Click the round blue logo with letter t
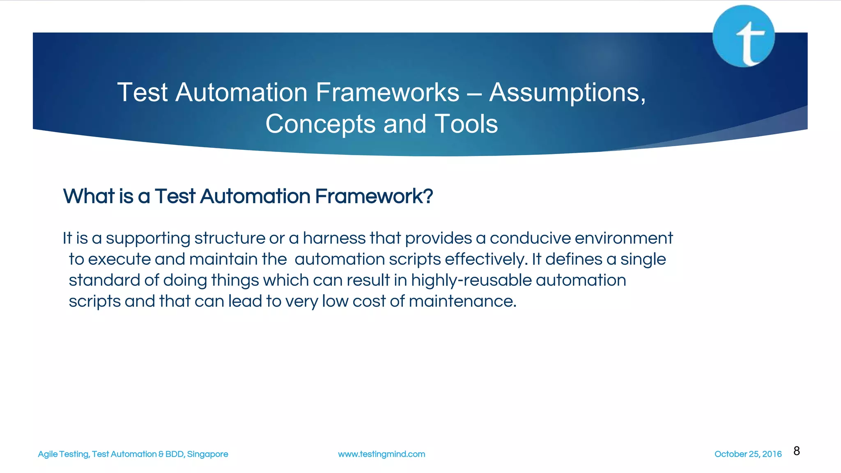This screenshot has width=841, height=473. point(744,36)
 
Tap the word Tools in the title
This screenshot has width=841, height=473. point(466,124)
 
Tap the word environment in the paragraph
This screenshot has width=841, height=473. point(623,238)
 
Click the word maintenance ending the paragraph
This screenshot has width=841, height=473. point(462,301)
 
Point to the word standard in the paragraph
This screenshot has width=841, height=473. point(104,280)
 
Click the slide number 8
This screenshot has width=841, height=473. point(797,451)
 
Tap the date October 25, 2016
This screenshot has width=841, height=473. point(748,454)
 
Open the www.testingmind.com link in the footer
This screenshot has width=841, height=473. point(381,454)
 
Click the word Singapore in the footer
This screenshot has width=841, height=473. point(207,454)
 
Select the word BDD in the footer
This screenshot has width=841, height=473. point(174,454)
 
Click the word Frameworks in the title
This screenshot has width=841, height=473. point(387,92)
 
